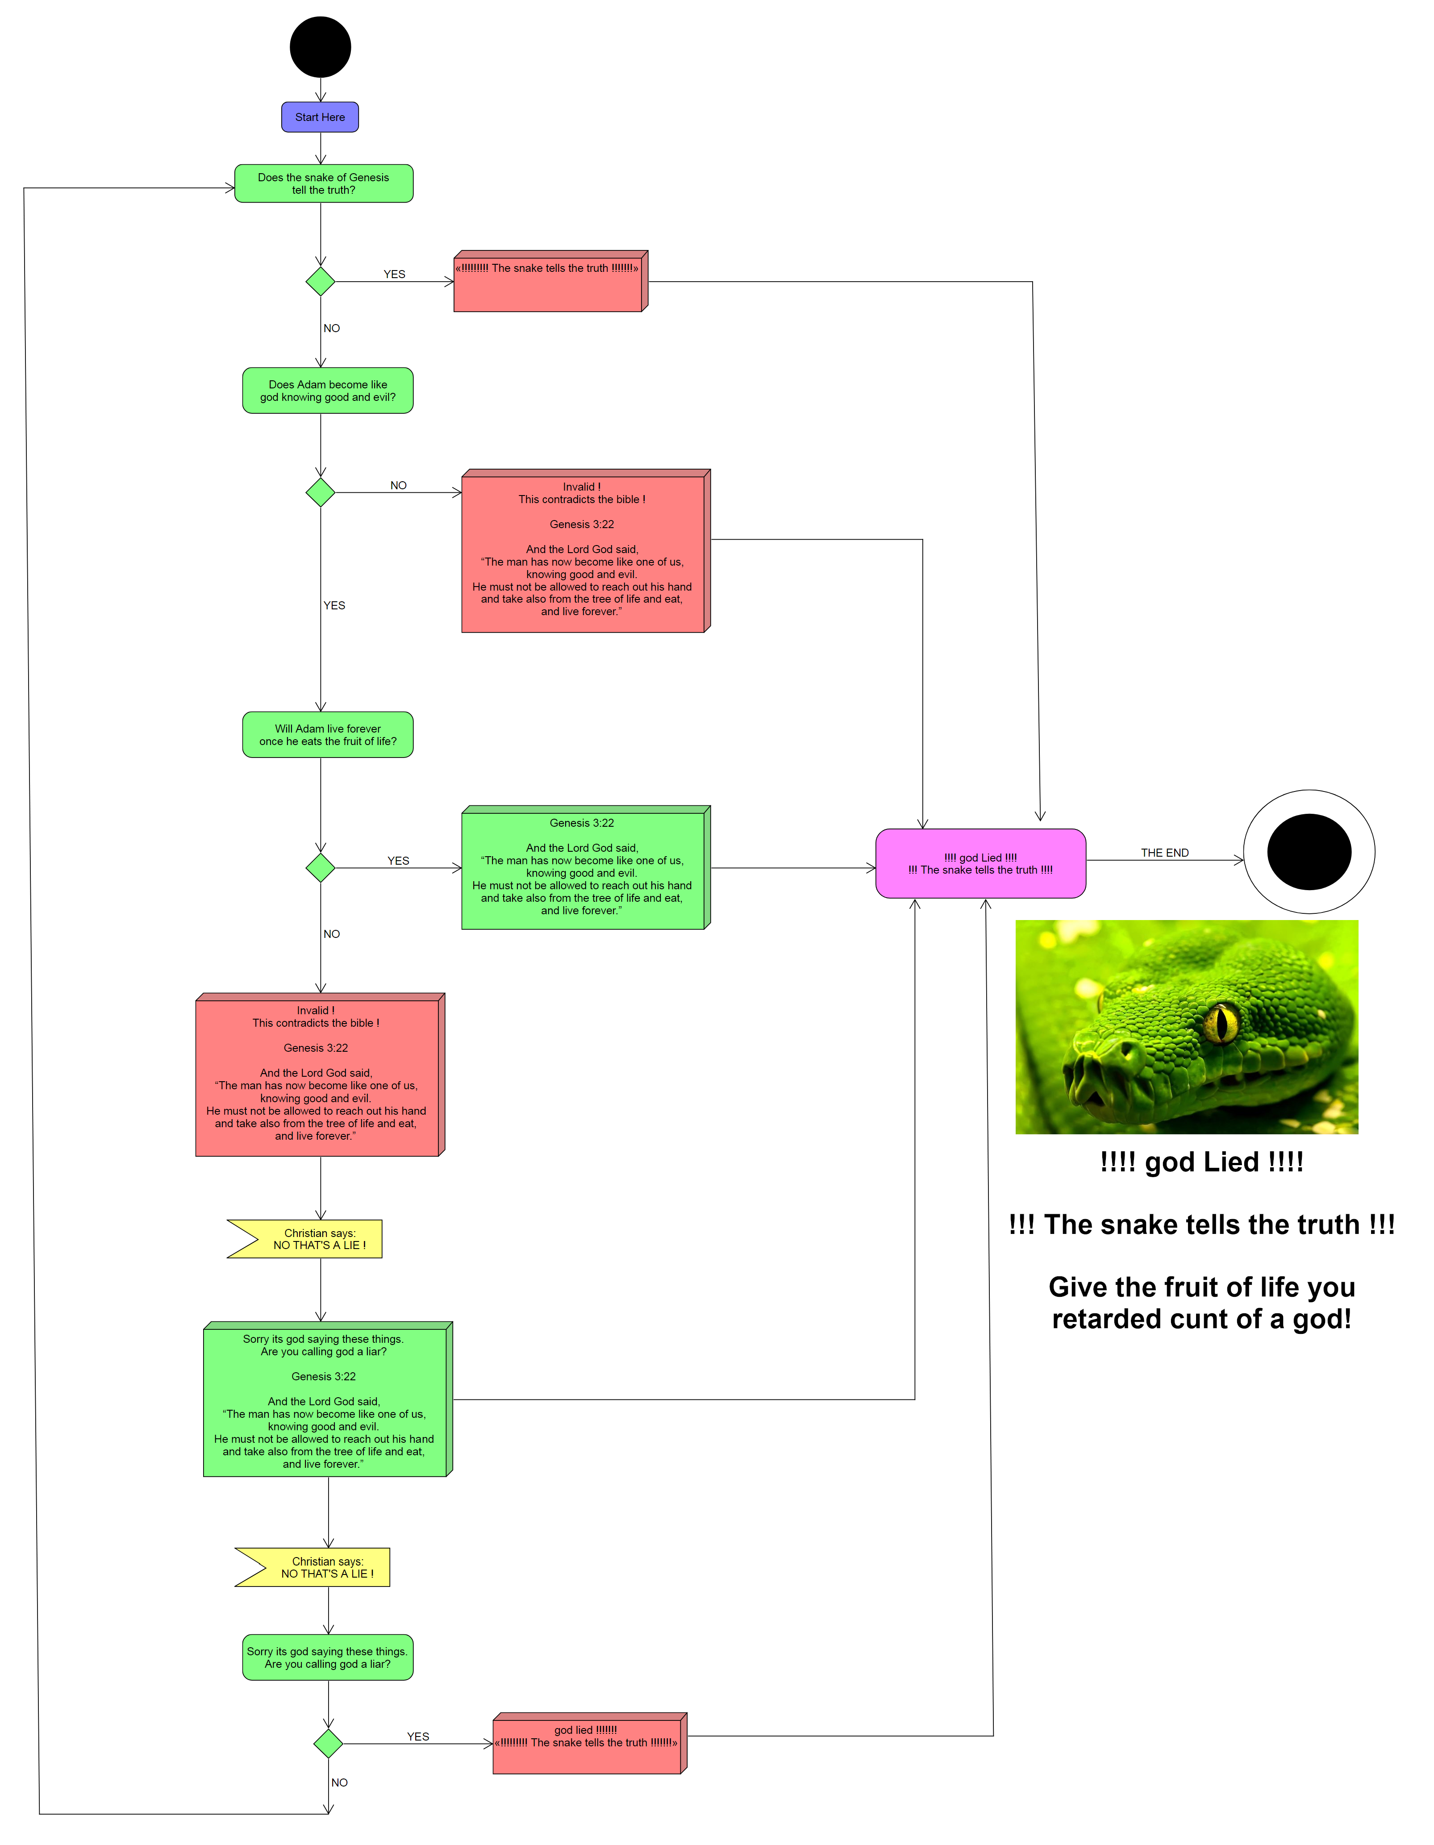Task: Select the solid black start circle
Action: pyautogui.click(x=320, y=47)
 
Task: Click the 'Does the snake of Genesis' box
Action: pyautogui.click(x=324, y=183)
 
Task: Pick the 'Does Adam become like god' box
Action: pyautogui.click(x=328, y=390)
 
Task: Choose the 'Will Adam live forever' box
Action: pyautogui.click(x=328, y=735)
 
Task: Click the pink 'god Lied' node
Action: pyautogui.click(x=980, y=863)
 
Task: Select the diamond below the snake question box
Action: pyautogui.click(x=320, y=281)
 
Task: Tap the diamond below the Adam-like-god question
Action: pyautogui.click(x=320, y=491)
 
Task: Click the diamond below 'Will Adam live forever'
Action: pyautogui.click(x=320, y=867)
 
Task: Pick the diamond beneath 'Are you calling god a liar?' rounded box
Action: pyautogui.click(x=328, y=1743)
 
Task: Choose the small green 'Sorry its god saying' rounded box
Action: pyautogui.click(x=328, y=1658)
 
